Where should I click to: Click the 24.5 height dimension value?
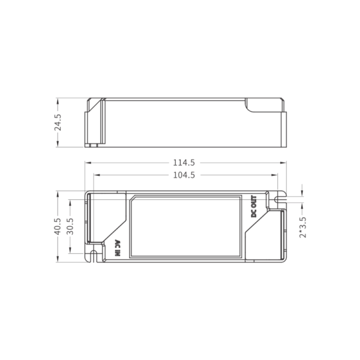[x=58, y=122]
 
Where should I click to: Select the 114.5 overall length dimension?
[x=184, y=163]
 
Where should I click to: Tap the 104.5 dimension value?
[x=184, y=175]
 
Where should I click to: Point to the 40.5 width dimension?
[x=58, y=227]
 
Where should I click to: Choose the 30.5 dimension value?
[x=70, y=227]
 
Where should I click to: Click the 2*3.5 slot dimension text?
[x=302, y=227]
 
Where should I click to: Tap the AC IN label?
[x=118, y=248]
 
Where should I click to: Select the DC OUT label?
[x=254, y=206]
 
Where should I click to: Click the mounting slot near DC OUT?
[x=280, y=200]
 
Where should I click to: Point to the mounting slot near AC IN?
[x=94, y=256]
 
